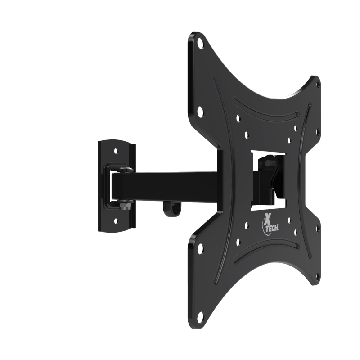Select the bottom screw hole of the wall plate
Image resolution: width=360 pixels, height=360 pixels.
tap(117, 220)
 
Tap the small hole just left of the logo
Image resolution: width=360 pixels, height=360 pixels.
tap(246, 228)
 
